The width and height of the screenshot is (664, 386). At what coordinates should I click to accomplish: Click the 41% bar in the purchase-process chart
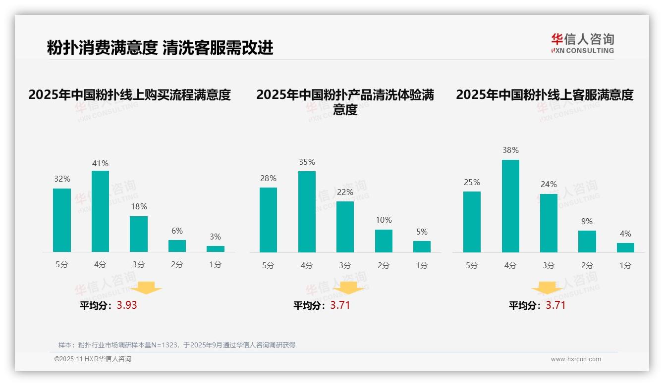click(100, 211)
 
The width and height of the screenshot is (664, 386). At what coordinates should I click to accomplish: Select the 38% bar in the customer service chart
click(510, 206)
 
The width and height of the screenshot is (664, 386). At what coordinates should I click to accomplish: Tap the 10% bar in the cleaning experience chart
click(384, 241)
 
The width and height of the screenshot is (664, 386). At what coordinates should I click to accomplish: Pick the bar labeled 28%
click(268, 220)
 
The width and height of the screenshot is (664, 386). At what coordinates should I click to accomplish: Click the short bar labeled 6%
click(177, 246)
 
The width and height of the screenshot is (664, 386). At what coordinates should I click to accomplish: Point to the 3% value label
click(215, 237)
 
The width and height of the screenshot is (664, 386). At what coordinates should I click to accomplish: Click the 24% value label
click(549, 184)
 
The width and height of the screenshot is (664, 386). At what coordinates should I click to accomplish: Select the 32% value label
click(62, 179)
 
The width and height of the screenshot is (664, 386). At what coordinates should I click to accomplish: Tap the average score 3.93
click(127, 305)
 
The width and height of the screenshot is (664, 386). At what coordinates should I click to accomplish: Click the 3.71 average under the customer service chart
click(555, 305)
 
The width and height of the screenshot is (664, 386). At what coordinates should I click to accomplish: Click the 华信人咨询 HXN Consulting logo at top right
click(582, 44)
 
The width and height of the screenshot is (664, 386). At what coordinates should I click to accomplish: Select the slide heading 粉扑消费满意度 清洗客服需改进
click(160, 48)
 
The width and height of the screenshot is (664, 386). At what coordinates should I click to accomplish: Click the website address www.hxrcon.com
click(576, 359)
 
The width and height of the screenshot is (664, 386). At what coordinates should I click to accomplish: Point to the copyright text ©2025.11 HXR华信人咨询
click(93, 359)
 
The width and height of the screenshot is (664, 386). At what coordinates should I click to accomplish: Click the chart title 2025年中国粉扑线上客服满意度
click(545, 95)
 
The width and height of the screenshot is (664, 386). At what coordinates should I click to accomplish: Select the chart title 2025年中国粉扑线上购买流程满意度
click(130, 95)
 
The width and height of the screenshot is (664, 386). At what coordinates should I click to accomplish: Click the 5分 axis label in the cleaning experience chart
click(268, 265)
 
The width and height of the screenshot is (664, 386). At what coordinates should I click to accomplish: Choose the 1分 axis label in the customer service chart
click(625, 265)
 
